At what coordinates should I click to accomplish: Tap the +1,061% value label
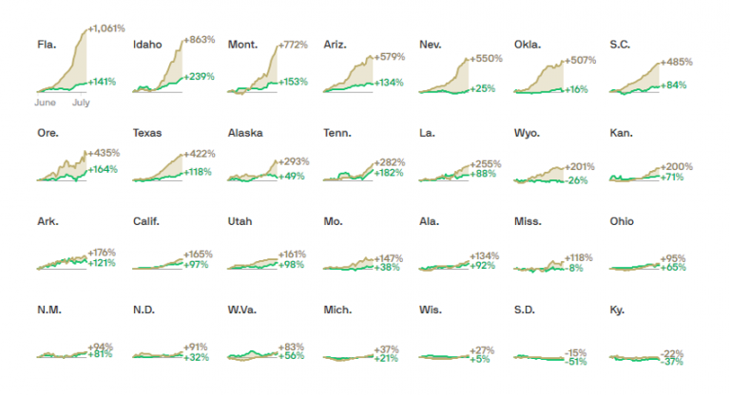tap(106, 29)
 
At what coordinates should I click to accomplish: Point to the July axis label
tap(81, 102)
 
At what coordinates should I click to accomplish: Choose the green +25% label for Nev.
tap(483, 88)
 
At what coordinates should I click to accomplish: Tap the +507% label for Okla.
tap(581, 62)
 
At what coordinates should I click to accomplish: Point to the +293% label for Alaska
tap(291, 161)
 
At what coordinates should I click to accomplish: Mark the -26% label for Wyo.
tap(578, 180)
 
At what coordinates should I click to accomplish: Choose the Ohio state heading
tap(623, 221)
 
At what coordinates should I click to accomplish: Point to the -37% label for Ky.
tap(673, 361)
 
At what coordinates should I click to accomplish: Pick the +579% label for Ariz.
tap(390, 57)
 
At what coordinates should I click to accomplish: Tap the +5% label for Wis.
tap(481, 359)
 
